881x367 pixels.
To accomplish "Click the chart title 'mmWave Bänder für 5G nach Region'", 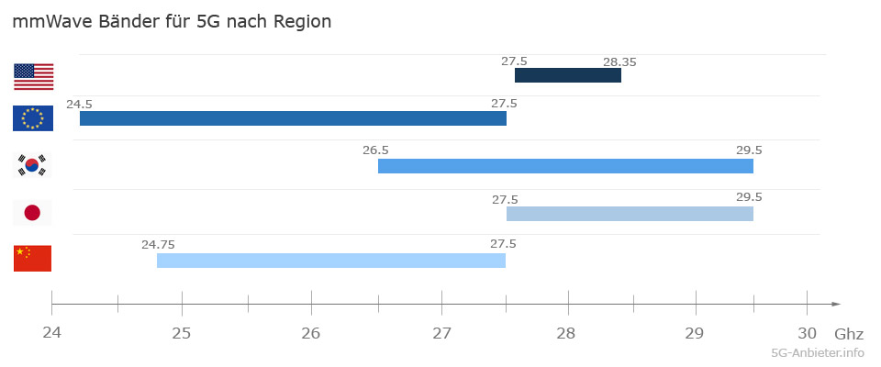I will (x=172, y=22).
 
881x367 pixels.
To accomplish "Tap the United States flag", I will (x=33, y=76).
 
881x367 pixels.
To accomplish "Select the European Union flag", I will (x=33, y=118).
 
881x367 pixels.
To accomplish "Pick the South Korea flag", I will (x=33, y=166).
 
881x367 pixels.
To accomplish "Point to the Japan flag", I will (x=33, y=213).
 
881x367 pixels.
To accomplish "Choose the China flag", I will (x=33, y=259).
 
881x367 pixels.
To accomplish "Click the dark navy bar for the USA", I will (x=567, y=75).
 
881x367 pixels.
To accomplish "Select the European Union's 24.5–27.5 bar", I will (x=293, y=118).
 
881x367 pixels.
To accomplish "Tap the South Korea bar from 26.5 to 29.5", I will (x=565, y=166).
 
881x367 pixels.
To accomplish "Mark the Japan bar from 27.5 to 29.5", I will (x=630, y=214).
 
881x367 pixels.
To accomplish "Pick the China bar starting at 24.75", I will (x=330, y=261).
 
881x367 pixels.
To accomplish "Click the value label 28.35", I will (x=619, y=62).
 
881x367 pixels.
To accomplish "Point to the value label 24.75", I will (x=158, y=244).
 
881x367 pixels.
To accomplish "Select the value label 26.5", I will (x=376, y=150).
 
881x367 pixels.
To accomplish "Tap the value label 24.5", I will (x=79, y=105).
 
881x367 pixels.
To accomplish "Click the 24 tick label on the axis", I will (x=52, y=331).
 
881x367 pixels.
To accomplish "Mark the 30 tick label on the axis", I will (x=807, y=331).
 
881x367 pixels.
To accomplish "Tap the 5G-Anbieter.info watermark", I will (x=818, y=352).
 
